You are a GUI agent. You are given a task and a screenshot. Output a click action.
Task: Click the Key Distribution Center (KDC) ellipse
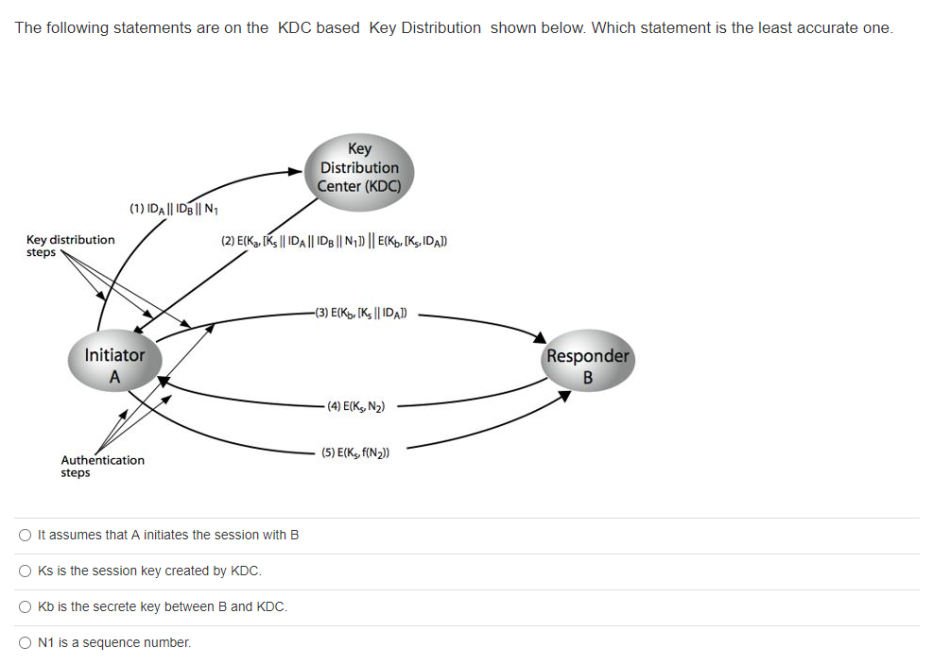click(360, 167)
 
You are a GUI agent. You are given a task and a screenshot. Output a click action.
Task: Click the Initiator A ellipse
click(114, 365)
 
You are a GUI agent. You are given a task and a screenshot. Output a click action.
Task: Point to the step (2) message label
click(334, 241)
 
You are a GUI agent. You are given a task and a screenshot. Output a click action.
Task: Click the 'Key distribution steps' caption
click(70, 246)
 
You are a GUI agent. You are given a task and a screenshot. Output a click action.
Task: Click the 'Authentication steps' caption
click(102, 466)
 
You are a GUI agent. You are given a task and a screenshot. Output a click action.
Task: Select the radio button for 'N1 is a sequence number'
click(26, 643)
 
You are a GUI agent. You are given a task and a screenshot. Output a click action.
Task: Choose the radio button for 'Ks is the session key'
click(26, 571)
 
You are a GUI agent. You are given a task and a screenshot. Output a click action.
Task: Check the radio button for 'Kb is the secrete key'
click(26, 607)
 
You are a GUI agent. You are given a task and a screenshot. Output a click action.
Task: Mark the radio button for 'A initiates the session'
click(26, 536)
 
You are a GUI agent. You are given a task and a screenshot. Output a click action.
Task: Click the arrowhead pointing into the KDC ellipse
click(294, 172)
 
